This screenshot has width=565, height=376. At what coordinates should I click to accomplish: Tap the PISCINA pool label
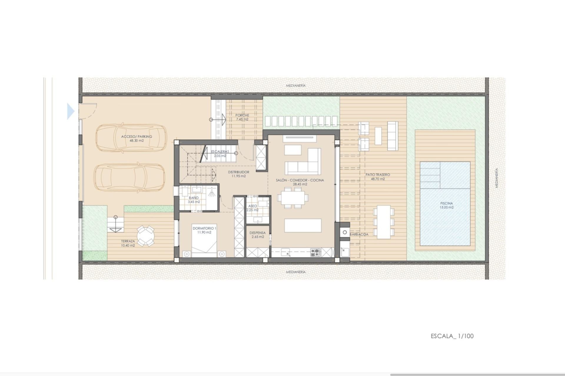[x=446, y=203]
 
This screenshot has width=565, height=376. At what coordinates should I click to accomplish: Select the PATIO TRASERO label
[x=378, y=174]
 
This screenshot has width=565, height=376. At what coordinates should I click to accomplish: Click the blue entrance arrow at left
[x=71, y=111]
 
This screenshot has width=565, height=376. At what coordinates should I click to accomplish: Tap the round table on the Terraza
[x=145, y=235]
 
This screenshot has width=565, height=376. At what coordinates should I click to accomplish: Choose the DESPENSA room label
[x=257, y=233]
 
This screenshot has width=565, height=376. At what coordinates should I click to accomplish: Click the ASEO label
[x=252, y=206]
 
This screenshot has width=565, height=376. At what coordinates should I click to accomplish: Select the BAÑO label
[x=194, y=198]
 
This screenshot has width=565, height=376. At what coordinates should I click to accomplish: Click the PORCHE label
[x=242, y=115]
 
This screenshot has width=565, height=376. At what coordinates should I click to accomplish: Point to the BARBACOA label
[x=359, y=234]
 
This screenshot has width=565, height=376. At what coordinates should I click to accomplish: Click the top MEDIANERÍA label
[x=296, y=85]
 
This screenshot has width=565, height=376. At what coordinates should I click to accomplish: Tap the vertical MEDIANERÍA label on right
[x=497, y=178]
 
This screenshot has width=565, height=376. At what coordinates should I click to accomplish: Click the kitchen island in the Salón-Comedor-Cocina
[x=303, y=225]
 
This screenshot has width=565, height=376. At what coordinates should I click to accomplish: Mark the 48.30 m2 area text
[x=137, y=141]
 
